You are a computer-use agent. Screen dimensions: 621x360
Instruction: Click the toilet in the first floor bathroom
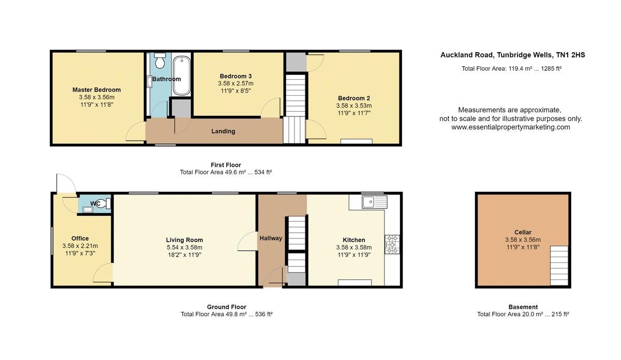(160, 61)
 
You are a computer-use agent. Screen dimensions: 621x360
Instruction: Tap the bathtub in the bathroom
(182, 76)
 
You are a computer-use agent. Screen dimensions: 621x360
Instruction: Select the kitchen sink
(375, 202)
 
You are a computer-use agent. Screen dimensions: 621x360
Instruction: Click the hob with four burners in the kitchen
(392, 245)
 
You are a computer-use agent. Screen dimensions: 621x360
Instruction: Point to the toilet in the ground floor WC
(105, 204)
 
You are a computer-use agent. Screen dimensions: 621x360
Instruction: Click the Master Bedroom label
(96, 90)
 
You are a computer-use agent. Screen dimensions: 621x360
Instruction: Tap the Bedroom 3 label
(235, 76)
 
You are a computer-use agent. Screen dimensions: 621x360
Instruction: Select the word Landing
(223, 131)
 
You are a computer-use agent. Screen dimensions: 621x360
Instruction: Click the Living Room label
(184, 240)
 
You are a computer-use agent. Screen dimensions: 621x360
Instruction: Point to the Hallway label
(271, 238)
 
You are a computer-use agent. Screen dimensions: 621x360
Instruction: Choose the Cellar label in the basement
(523, 232)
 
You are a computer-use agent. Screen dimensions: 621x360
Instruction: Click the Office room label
(80, 238)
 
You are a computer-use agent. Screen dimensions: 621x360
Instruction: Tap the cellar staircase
(559, 265)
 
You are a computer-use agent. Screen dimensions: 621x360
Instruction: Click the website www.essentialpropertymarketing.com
(511, 127)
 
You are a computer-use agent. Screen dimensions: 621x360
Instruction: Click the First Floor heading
(226, 165)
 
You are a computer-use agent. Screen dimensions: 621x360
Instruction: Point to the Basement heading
(523, 307)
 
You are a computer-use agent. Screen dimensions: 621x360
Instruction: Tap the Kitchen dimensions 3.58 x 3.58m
(354, 247)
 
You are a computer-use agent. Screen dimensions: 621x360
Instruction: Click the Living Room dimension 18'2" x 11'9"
(184, 254)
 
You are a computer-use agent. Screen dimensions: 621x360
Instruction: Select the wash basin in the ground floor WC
(87, 209)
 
